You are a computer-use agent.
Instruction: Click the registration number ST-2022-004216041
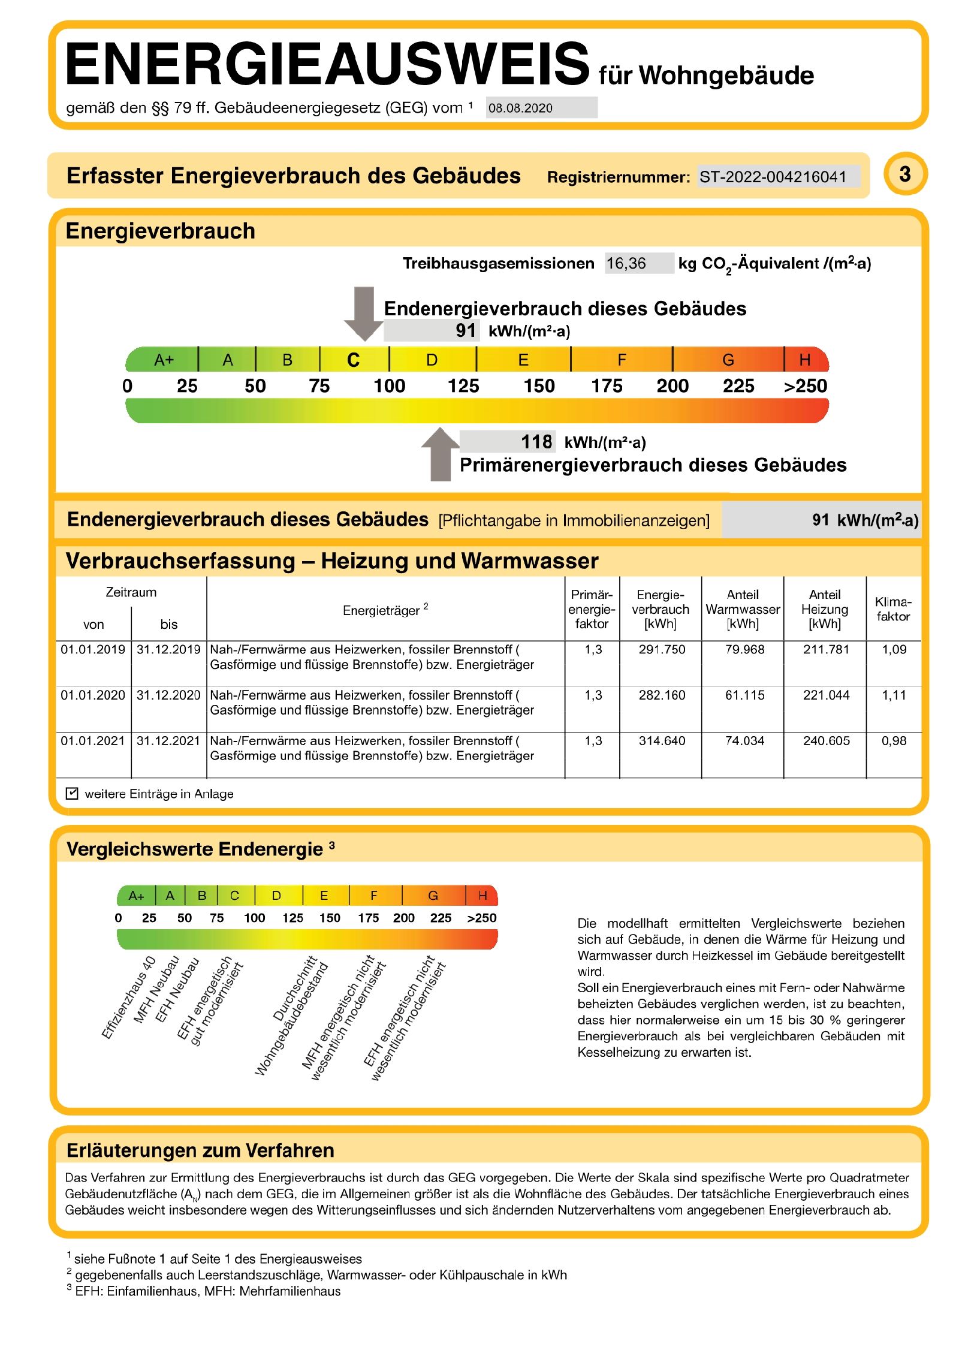click(772, 177)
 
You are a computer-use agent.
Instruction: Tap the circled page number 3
click(904, 174)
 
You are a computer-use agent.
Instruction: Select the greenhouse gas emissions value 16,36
click(626, 263)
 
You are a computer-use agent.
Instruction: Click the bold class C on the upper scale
click(353, 360)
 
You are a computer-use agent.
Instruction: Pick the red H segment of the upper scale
click(805, 360)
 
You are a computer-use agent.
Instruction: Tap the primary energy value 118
click(536, 442)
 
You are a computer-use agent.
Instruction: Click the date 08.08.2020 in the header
click(520, 108)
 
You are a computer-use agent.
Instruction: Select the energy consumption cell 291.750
click(661, 649)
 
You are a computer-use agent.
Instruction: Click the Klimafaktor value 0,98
click(893, 741)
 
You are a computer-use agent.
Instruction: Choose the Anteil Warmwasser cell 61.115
click(744, 695)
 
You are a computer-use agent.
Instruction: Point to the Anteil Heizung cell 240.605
click(826, 741)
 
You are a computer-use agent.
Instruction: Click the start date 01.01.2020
click(93, 695)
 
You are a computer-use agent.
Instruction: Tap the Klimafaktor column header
click(893, 609)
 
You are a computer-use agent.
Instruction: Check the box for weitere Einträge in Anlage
click(72, 794)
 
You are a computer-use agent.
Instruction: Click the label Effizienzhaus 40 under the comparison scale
click(128, 998)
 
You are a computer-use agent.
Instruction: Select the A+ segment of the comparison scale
click(136, 896)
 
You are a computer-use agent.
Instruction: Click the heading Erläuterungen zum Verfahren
click(200, 1151)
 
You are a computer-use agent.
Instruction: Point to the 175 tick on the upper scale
click(607, 386)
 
